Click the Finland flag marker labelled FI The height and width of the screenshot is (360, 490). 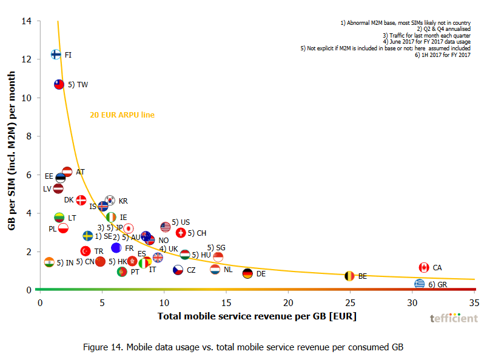click(55, 55)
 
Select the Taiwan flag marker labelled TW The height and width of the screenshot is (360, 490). click(59, 85)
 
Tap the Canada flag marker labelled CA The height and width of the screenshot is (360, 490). click(424, 267)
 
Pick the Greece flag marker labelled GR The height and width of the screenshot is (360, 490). click(420, 284)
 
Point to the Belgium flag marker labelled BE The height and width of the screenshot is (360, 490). click(349, 276)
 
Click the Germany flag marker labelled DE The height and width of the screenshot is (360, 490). click(247, 273)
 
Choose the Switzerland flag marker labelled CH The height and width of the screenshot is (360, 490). click(181, 233)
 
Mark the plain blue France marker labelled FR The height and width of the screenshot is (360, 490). click(116, 248)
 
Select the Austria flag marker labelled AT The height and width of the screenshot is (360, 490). click(67, 172)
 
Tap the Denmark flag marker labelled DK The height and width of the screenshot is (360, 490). click(81, 200)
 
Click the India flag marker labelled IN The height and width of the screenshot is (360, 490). click(49, 262)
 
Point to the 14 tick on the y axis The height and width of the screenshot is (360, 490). click(26, 21)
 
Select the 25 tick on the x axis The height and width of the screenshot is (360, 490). click(350, 302)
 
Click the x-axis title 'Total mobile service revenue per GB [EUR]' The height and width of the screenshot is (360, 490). click(257, 316)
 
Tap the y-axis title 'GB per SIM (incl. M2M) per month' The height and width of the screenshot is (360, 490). click(12, 156)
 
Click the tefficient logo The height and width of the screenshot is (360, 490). click(454, 318)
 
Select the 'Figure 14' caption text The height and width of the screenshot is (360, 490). click(243, 347)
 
